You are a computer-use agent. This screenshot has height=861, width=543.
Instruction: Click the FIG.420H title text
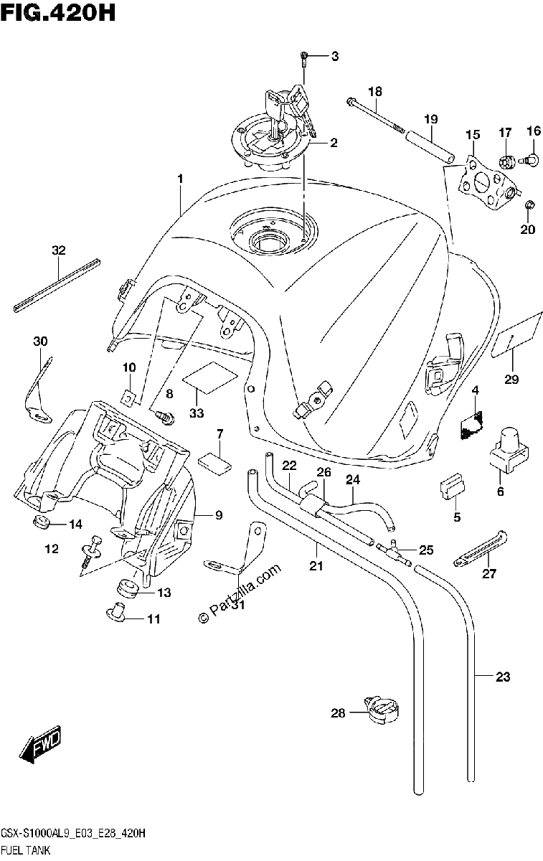(x=57, y=13)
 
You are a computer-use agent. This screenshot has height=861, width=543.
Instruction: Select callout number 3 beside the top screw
(x=335, y=57)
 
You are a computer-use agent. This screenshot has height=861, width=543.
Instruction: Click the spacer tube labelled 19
(x=430, y=148)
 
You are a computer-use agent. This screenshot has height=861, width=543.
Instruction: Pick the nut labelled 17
(x=507, y=163)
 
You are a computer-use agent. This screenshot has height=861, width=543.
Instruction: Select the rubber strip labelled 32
(x=57, y=286)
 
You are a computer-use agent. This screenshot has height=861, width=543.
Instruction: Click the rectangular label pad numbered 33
(x=210, y=377)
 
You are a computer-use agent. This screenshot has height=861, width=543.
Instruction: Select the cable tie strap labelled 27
(x=481, y=548)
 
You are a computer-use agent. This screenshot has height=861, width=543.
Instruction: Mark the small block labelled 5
(x=452, y=486)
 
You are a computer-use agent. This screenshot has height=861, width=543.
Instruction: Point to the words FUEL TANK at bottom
(x=26, y=851)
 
